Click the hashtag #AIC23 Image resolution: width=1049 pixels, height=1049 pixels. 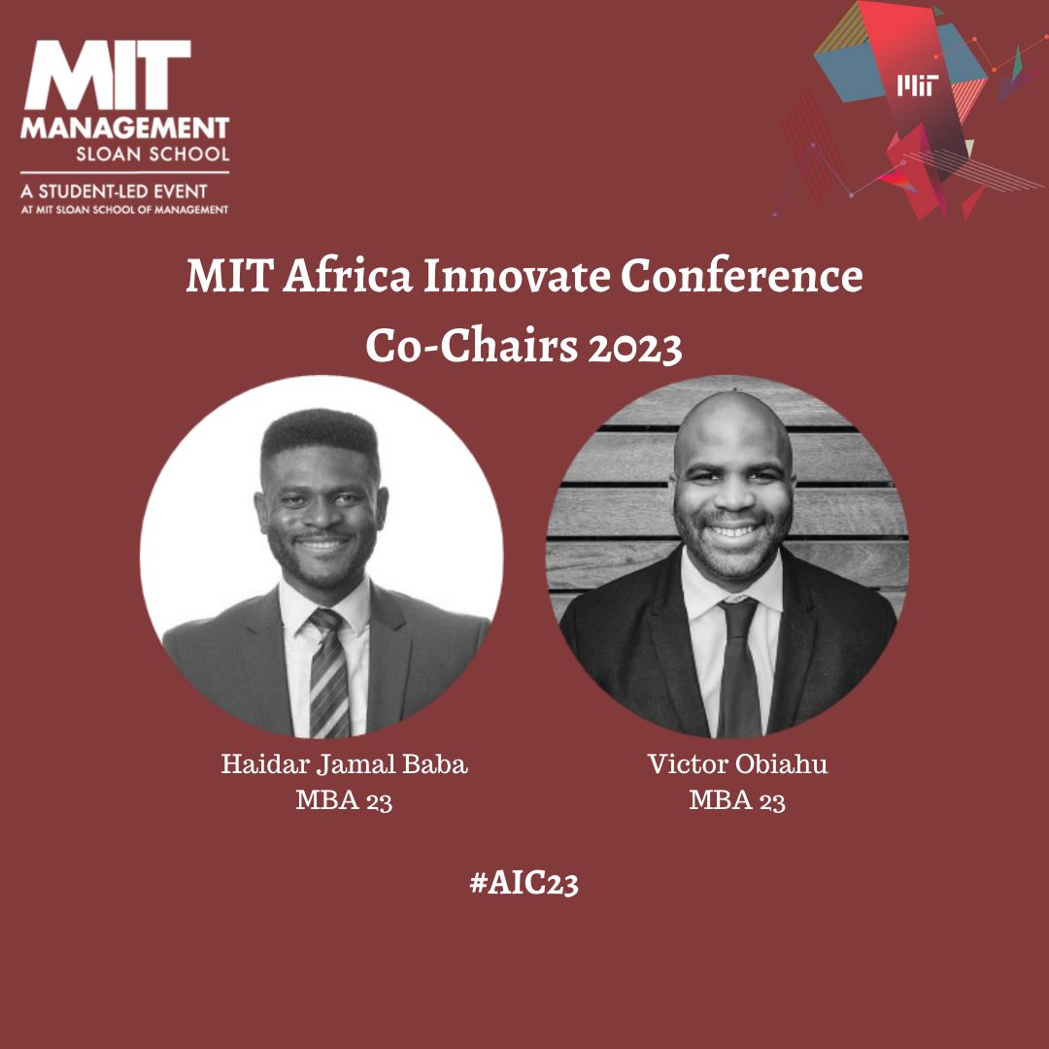point(524,883)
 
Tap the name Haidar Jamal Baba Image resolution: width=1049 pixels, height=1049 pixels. point(344,764)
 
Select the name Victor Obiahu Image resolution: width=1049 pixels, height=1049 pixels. point(737,764)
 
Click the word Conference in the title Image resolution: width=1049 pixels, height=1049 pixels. point(741,275)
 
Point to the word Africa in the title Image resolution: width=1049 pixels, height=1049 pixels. point(347,275)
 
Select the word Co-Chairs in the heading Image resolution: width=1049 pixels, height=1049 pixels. point(472,347)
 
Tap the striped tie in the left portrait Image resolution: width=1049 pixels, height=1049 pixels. point(328,672)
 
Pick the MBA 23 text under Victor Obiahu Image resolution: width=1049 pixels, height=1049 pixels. point(736,800)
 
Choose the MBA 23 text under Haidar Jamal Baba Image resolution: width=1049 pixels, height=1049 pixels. point(344,800)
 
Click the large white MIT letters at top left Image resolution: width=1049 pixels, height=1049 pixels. point(108,74)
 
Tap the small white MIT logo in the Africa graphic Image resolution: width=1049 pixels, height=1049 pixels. point(917,85)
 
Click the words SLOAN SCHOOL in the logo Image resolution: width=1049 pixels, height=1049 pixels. point(152,153)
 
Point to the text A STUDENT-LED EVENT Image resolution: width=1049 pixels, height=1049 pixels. point(114,192)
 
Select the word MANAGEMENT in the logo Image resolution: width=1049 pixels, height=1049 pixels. point(125,127)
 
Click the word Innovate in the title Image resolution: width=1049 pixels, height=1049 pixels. point(517,275)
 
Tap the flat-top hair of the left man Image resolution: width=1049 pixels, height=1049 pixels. point(320,433)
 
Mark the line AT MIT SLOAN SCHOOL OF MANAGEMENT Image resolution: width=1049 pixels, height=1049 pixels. point(124,210)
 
